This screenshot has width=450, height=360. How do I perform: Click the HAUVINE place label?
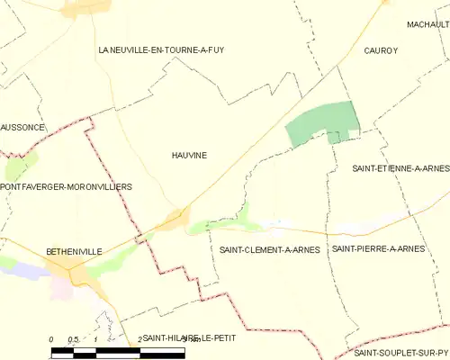[x=189, y=155]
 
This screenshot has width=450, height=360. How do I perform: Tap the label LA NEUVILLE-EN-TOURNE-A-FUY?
[x=161, y=50]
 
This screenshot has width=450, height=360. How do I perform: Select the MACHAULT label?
[x=427, y=24]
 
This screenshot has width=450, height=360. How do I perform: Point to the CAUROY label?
[x=381, y=51]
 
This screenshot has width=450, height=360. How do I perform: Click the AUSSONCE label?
[x=22, y=127]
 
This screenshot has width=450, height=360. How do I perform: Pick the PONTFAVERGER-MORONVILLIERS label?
[x=67, y=186]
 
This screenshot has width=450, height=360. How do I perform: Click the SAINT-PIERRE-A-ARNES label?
[x=378, y=248]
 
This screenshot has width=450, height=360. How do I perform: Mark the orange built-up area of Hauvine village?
[x=177, y=219]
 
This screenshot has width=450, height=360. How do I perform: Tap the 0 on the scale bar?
[x=51, y=338]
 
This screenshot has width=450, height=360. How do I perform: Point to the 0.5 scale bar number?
[x=74, y=338]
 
